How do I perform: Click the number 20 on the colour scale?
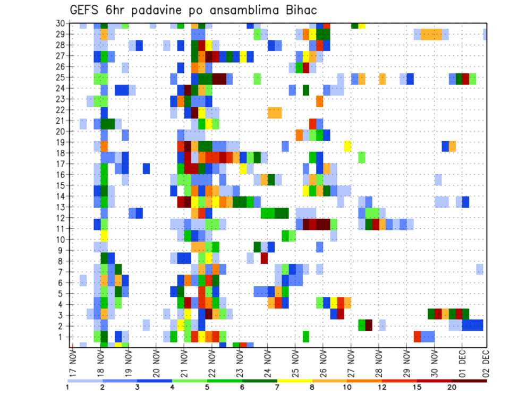coord(452,387)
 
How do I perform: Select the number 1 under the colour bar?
coord(68,387)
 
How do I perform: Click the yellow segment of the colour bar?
coord(295,380)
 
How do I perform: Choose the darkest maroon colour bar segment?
coord(470,380)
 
